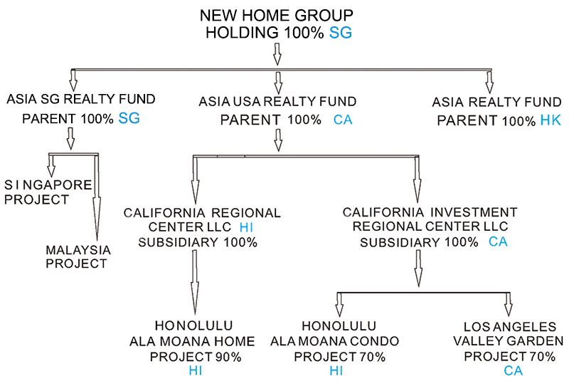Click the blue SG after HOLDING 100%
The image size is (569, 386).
pyautogui.click(x=341, y=33)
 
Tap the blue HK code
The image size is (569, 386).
pyautogui.click(x=551, y=120)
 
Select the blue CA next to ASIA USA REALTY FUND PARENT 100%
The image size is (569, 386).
pyautogui.click(x=343, y=120)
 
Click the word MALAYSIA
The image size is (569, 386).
pyautogui.click(x=78, y=250)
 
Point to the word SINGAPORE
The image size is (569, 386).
pyautogui.click(x=48, y=185)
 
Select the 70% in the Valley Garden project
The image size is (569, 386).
pyautogui.click(x=543, y=357)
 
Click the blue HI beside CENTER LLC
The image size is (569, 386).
pyautogui.click(x=246, y=227)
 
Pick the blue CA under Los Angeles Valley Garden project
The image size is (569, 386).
pyautogui.click(x=513, y=371)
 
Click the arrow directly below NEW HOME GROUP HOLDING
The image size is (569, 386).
pyautogui.click(x=277, y=54)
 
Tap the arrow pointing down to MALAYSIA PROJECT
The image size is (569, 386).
pyautogui.click(x=97, y=197)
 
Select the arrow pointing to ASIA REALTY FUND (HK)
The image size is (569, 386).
pyautogui.click(x=489, y=81)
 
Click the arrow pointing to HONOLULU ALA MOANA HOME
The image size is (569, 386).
pyautogui.click(x=195, y=283)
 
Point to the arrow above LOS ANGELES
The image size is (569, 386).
pyautogui.click(x=509, y=305)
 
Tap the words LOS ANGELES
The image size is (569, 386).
pyautogui.click(x=509, y=326)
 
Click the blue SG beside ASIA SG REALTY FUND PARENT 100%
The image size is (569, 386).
pyautogui.click(x=129, y=118)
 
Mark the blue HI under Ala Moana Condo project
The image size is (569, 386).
pyautogui.click(x=336, y=371)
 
